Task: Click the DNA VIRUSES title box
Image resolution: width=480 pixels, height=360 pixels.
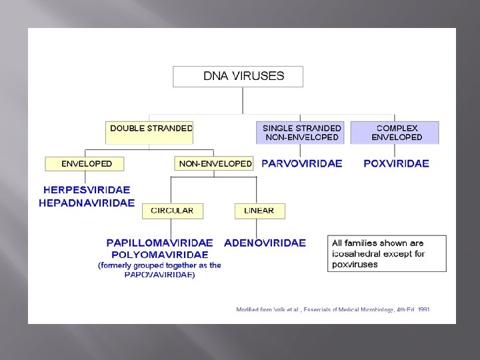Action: tap(238, 76)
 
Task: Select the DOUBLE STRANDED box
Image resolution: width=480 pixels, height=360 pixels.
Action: tap(149, 132)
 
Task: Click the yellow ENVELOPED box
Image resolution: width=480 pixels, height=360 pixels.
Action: tap(87, 163)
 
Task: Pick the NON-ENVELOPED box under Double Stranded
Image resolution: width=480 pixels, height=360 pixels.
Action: tap(215, 163)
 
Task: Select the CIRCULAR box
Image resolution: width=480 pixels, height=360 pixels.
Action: tap(172, 211)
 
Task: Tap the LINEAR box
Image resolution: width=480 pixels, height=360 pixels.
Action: tap(259, 211)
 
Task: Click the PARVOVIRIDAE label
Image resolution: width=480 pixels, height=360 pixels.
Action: tap(301, 163)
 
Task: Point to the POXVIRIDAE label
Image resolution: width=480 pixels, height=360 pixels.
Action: tap(396, 163)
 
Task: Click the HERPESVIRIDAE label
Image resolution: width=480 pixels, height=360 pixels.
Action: tap(87, 190)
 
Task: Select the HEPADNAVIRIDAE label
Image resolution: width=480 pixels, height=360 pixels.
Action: tap(87, 203)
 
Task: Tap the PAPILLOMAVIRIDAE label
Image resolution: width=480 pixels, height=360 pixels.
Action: tap(160, 243)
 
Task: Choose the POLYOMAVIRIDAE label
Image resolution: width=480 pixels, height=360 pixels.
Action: tap(160, 254)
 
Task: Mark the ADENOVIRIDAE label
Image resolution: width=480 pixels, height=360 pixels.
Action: tap(265, 243)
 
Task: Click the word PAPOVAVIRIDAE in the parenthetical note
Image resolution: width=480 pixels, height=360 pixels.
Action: tap(160, 275)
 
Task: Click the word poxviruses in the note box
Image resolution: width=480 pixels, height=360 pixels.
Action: tap(355, 264)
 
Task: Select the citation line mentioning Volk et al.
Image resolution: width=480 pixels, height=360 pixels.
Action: tap(333, 310)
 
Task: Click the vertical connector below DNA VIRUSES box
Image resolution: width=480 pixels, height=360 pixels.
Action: tap(243, 100)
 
